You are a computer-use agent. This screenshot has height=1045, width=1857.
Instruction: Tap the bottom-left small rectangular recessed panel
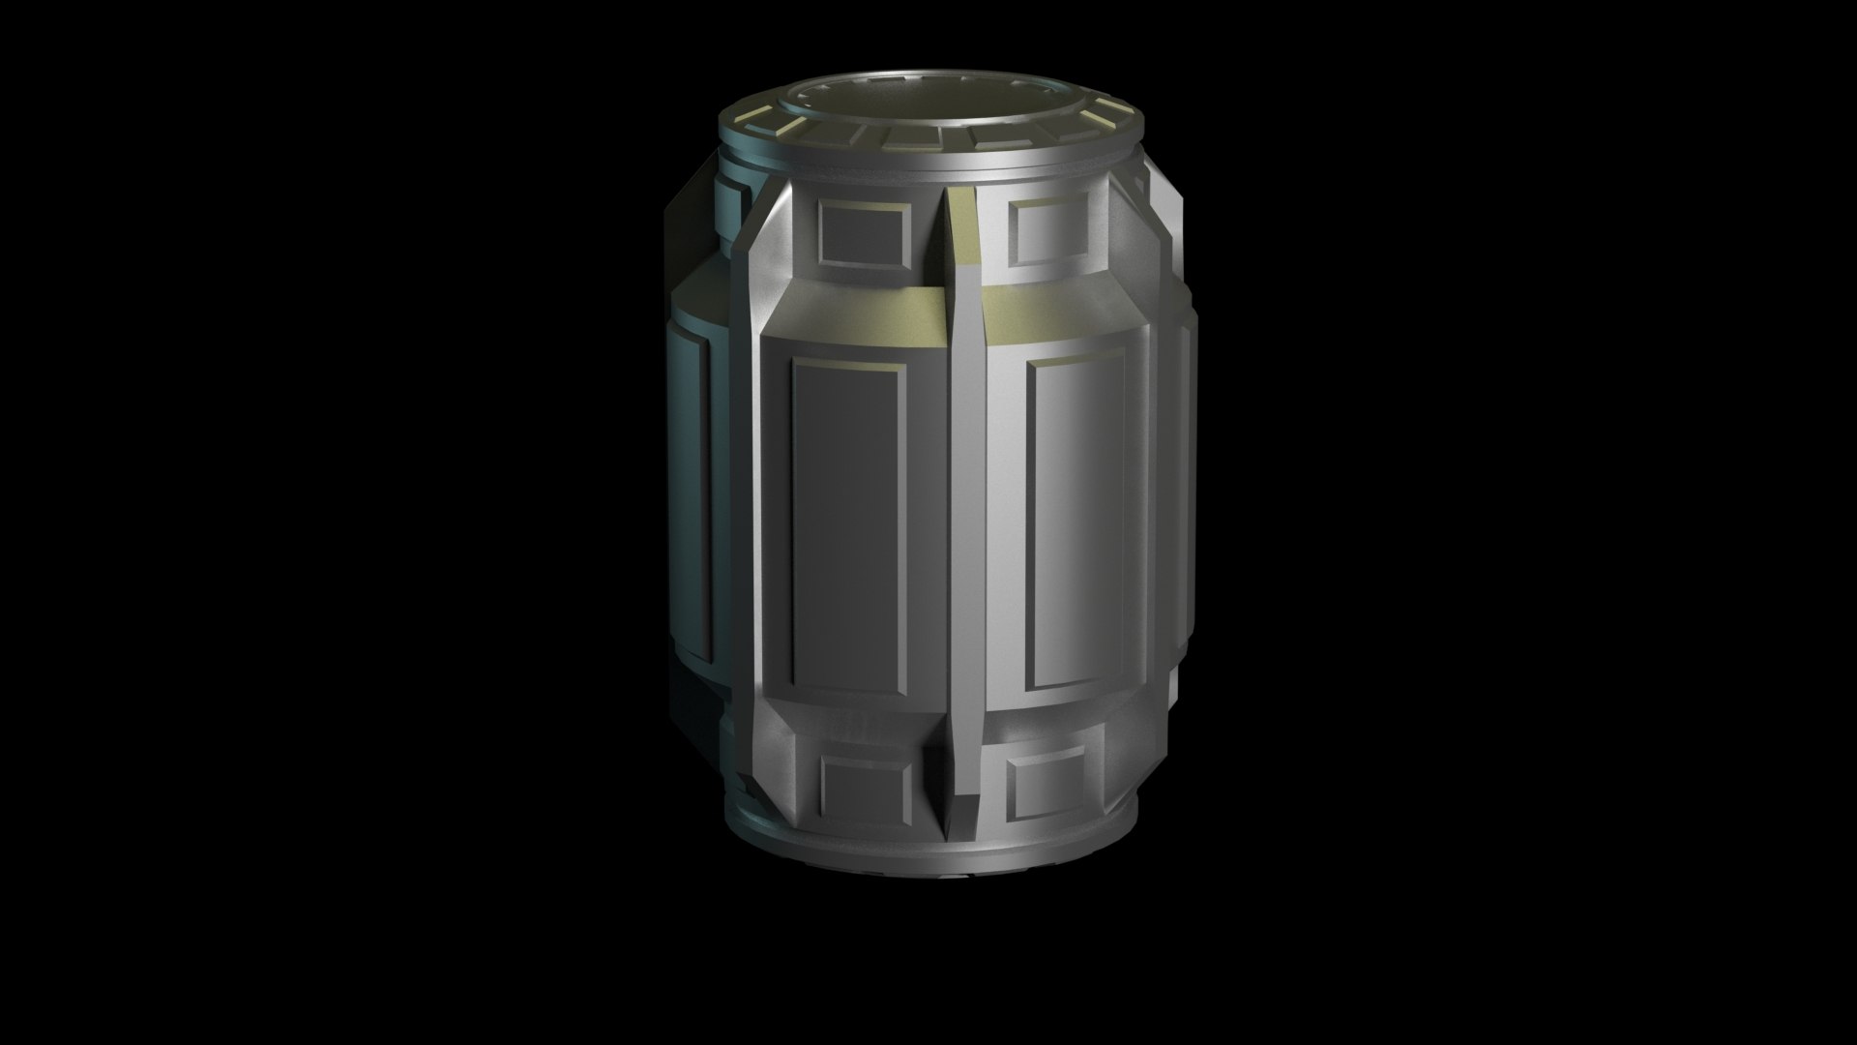[x=867, y=783]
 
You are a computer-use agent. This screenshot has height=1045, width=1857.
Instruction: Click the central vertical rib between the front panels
[x=964, y=532]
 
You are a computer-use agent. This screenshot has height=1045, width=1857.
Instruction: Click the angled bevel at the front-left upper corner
[x=774, y=281]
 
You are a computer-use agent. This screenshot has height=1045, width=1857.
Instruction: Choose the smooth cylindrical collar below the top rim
[x=928, y=174]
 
